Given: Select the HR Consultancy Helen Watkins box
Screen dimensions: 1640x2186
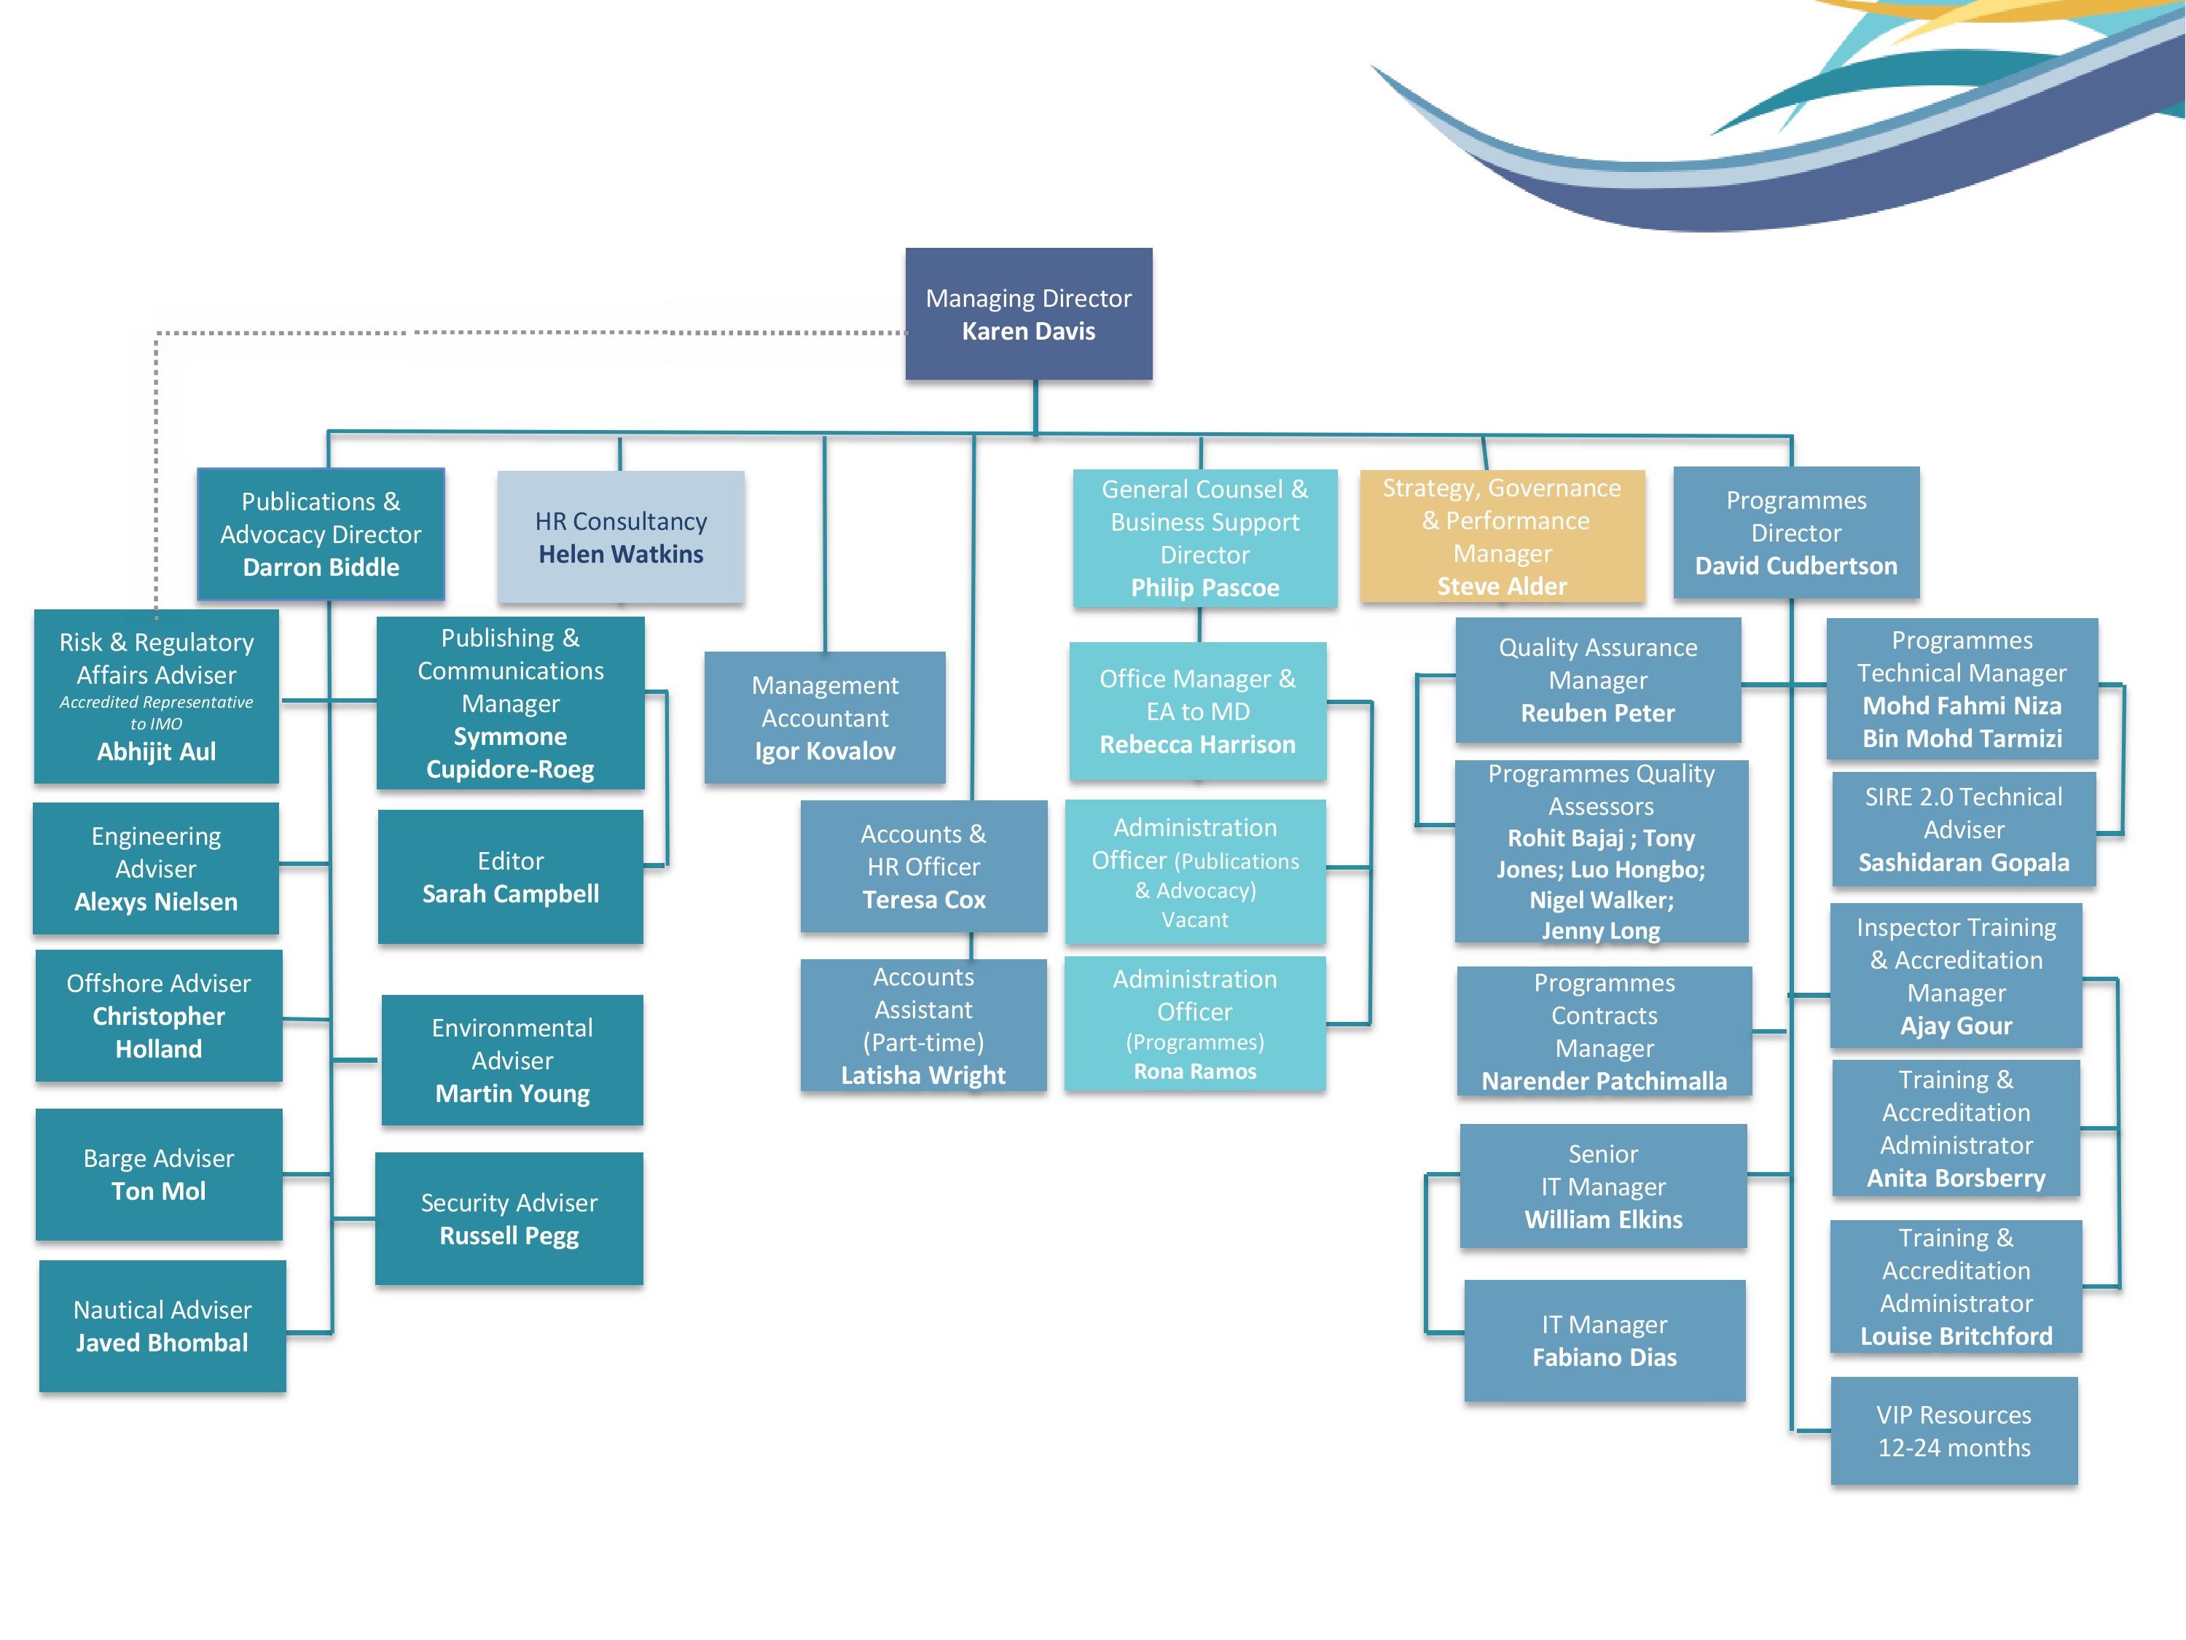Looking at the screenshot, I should click(x=621, y=536).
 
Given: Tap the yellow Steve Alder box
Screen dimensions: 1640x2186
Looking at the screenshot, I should click(x=1502, y=536).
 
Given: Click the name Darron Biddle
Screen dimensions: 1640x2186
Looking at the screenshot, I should click(x=321, y=567).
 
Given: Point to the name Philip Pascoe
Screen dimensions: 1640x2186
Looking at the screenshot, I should click(x=1204, y=588).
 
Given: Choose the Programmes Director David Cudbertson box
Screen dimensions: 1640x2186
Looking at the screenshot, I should click(x=1795, y=533).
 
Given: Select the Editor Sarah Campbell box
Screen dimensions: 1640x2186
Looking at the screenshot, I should click(x=510, y=877).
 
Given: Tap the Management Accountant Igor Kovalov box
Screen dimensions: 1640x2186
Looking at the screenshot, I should click(x=824, y=718).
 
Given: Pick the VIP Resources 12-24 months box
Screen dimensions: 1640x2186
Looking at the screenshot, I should click(x=1954, y=1430).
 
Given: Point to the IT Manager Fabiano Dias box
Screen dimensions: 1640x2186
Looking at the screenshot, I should click(x=1604, y=1340).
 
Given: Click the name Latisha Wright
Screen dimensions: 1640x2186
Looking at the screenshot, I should click(x=923, y=1076).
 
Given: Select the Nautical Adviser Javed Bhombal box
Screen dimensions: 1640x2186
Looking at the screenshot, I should click(x=162, y=1326).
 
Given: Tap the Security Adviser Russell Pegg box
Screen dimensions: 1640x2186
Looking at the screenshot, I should click(x=509, y=1219).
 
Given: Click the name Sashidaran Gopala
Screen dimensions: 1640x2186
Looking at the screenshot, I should click(x=1962, y=863).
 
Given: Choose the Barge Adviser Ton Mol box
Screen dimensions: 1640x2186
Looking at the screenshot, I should click(x=158, y=1174).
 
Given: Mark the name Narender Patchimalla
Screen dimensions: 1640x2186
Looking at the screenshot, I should click(x=1604, y=1082).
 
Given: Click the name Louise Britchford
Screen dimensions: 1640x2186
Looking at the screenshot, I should click(x=1956, y=1337).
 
